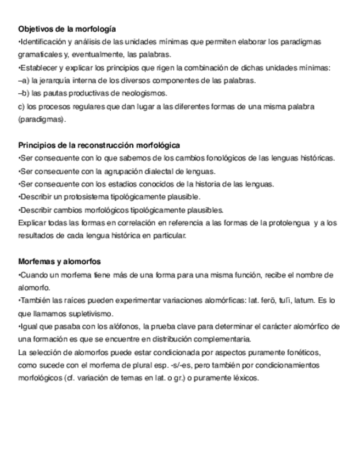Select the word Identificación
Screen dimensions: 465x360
(x=43, y=42)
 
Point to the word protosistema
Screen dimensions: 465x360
(x=80, y=196)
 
